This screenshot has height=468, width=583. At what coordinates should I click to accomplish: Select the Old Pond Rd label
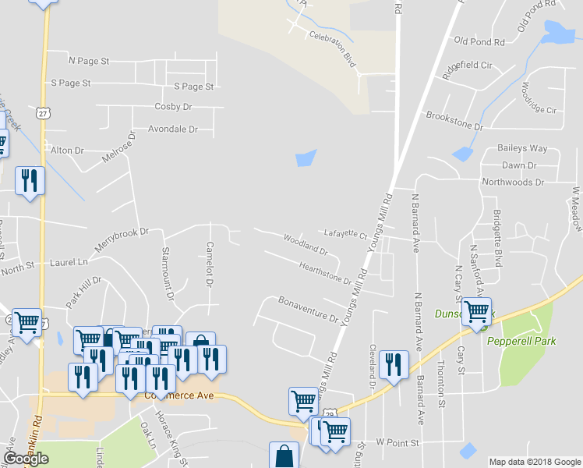point(479,41)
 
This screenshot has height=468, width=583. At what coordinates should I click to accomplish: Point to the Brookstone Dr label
point(454,120)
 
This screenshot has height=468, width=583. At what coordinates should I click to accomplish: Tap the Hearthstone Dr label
point(325,272)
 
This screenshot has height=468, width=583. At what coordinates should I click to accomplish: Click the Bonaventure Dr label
point(308,309)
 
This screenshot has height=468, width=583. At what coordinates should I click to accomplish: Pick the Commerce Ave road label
point(178,395)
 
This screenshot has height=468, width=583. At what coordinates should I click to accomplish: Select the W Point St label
point(397,442)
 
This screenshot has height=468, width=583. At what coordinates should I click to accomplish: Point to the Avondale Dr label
point(173,129)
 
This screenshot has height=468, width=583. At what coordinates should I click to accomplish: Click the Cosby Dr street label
point(173,107)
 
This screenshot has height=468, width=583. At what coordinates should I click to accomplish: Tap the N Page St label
point(89,60)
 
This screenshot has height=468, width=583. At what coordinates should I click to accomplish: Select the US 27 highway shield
point(43,113)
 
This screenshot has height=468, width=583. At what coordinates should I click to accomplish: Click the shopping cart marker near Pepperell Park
point(476,310)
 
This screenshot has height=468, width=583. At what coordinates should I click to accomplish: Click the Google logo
point(26,459)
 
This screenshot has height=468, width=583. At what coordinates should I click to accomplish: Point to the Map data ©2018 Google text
point(535,462)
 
